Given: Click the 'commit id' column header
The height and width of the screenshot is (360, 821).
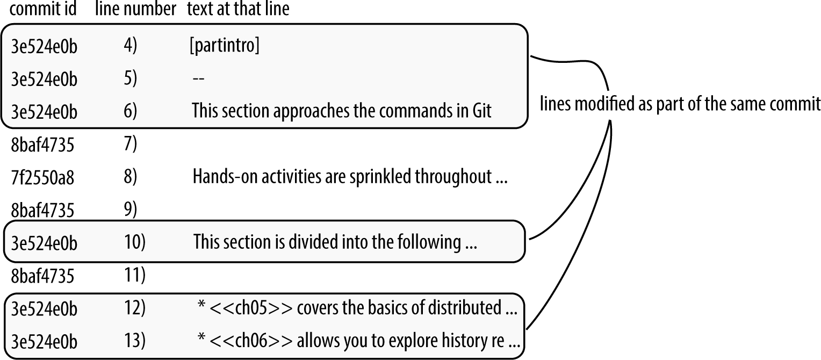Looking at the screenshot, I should pyautogui.click(x=43, y=10).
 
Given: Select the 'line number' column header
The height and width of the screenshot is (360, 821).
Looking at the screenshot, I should pyautogui.click(x=135, y=10).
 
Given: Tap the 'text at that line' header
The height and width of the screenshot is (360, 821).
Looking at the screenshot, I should pyautogui.click(x=238, y=10).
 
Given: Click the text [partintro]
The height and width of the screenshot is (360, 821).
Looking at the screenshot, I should pyautogui.click(x=225, y=47).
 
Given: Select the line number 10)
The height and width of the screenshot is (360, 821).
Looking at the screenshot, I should pyautogui.click(x=134, y=242).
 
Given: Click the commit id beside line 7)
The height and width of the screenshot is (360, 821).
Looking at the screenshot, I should pyautogui.click(x=42, y=145).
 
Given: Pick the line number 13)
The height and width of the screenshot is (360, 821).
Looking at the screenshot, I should pyautogui.click(x=134, y=341).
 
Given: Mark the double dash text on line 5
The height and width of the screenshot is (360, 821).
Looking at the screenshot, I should pyautogui.click(x=198, y=79).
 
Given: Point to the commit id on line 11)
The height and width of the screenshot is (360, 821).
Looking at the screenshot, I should pyautogui.click(x=42, y=276).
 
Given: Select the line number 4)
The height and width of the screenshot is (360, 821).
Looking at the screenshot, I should pyautogui.click(x=131, y=47).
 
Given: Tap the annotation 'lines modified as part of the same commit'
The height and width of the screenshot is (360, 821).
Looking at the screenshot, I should pyautogui.click(x=680, y=104).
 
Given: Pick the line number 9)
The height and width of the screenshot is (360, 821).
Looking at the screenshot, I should pyautogui.click(x=131, y=210).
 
